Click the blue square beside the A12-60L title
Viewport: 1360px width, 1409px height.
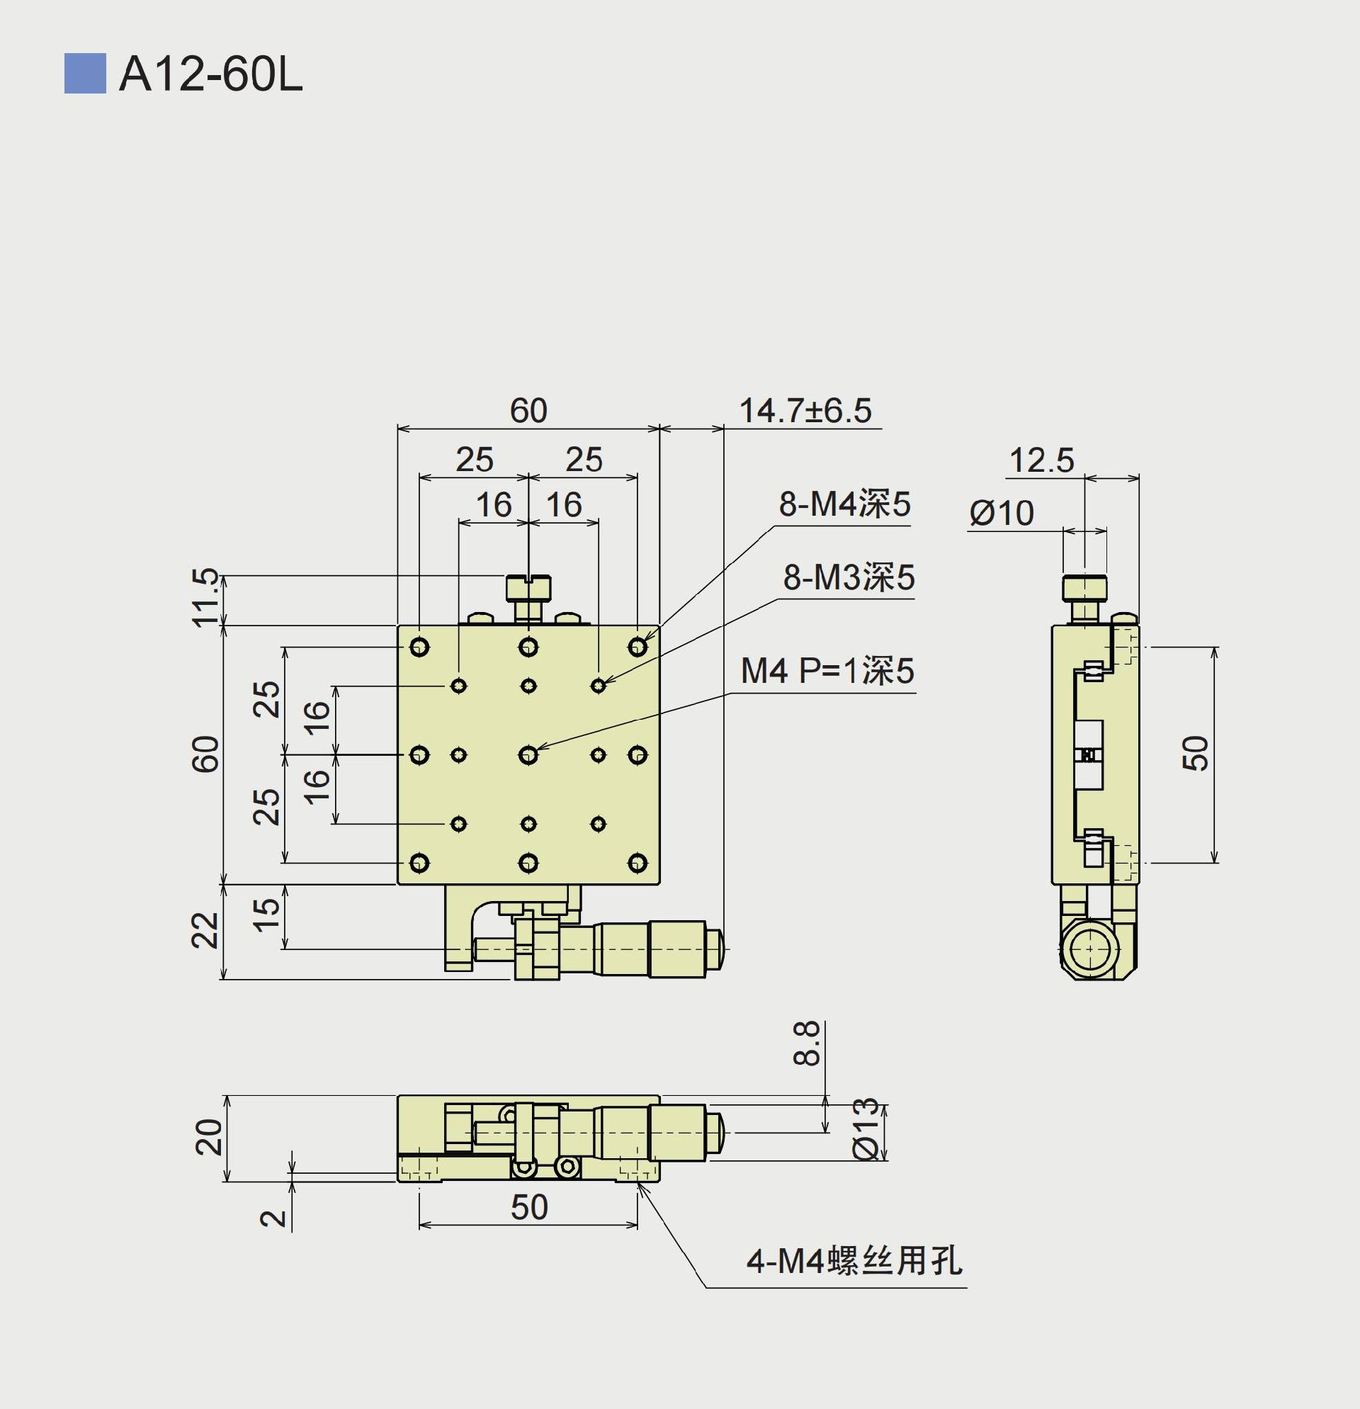[85, 74]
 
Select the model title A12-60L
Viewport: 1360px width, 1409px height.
[210, 74]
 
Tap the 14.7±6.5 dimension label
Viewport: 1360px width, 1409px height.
[805, 411]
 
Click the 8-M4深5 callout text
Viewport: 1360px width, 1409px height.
[844, 504]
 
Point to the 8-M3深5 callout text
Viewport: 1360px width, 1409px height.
[848, 577]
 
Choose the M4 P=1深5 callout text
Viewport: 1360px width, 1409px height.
[827, 671]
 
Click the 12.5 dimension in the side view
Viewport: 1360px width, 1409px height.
[1041, 460]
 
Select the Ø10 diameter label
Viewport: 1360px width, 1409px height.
[1002, 514]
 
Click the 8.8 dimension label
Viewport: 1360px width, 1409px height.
[807, 1043]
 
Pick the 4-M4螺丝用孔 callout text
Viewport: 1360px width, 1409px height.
[854, 1261]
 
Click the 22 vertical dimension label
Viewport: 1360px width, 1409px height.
[205, 930]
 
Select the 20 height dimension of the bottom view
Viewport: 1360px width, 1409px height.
[209, 1137]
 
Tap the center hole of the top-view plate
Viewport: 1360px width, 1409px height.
[528, 755]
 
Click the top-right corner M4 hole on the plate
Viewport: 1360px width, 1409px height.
[637, 647]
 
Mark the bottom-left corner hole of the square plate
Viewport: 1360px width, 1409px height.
[420, 863]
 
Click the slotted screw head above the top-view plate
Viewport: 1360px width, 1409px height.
[528, 588]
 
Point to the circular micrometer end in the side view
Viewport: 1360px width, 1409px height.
[1090, 949]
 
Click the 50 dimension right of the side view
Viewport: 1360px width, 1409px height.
[1196, 754]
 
